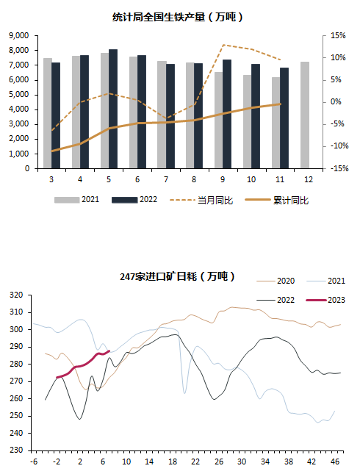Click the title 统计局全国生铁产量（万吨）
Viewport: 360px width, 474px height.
coord(178,17)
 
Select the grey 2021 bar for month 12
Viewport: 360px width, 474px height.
coord(305,115)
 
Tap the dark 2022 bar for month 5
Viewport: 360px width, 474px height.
coord(113,109)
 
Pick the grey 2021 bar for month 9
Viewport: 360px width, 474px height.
coord(218,120)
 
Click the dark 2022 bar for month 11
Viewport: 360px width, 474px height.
coord(284,118)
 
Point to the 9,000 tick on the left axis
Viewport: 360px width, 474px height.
coord(19,36)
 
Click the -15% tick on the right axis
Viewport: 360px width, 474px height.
coord(339,168)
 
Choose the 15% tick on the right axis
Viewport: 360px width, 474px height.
coord(338,36)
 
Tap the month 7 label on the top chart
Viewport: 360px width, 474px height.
coord(166,179)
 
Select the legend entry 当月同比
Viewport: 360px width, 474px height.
coord(201,200)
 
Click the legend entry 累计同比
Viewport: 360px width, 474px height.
coord(277,200)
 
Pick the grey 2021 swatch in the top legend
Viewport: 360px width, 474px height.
coord(67,200)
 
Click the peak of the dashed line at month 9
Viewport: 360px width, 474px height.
coord(223,45)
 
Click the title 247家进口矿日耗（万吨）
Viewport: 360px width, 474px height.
coord(178,276)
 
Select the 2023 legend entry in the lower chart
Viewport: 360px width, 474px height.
coord(325,300)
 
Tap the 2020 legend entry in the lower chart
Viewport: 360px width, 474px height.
coord(276,281)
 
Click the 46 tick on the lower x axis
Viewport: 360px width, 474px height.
coord(335,462)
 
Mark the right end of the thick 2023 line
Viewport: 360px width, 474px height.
coord(109,351)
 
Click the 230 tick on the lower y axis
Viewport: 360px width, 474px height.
coord(16,450)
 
